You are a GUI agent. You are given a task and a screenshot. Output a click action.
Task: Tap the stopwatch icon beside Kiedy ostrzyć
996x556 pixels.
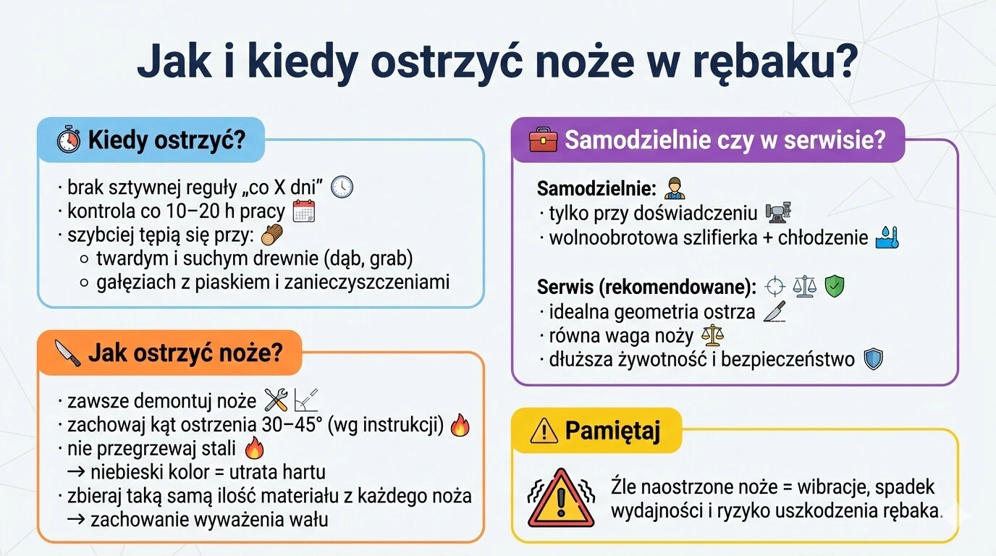(x=69, y=139)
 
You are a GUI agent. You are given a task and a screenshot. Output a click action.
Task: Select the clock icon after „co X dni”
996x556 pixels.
(x=342, y=188)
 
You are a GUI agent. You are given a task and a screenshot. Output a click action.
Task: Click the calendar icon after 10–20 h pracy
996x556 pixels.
(x=304, y=211)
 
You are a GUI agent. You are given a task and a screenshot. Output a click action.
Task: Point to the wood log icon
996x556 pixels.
(x=272, y=235)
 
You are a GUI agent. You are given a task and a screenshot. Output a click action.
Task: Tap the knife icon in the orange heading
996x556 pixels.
(x=68, y=353)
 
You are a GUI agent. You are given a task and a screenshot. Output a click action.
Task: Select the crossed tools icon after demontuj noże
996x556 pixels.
(x=276, y=400)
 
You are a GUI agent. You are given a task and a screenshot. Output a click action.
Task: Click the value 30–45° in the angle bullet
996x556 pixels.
(x=295, y=426)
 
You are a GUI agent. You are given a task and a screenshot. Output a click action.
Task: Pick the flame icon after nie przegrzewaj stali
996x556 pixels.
(x=254, y=449)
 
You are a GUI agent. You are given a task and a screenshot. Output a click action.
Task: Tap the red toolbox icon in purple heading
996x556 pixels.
(x=543, y=139)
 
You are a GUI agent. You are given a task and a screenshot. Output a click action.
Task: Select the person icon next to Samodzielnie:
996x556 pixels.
(x=673, y=188)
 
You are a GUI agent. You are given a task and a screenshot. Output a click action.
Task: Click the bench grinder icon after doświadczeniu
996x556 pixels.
(x=778, y=212)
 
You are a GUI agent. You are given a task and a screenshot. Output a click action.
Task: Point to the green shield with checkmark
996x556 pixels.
(x=835, y=286)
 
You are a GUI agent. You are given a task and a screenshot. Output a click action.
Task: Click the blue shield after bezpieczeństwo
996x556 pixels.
(x=874, y=359)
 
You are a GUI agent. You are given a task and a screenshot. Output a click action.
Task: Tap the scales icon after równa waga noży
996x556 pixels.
(x=714, y=335)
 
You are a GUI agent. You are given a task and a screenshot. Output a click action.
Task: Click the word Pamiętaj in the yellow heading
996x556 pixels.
(x=612, y=431)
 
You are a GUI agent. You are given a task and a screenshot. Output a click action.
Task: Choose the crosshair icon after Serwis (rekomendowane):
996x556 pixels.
(x=775, y=286)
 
